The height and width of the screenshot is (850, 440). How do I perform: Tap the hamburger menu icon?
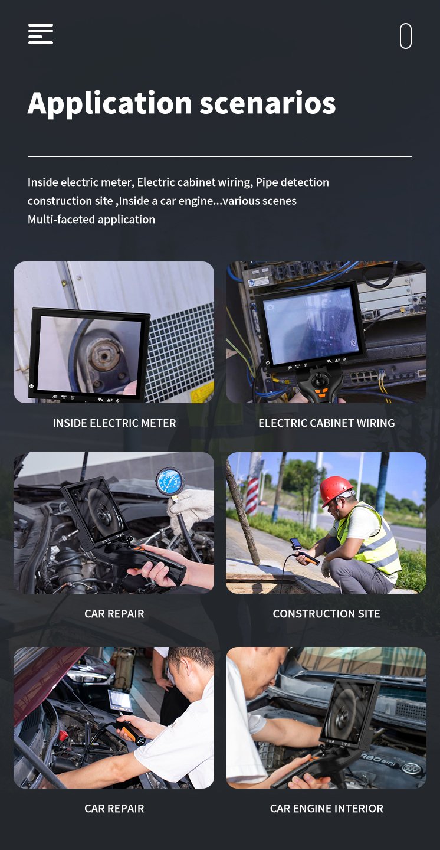41,34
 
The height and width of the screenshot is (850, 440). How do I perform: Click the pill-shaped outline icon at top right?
405,36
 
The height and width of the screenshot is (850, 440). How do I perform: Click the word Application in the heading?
110,104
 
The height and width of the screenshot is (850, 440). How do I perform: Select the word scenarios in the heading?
267,104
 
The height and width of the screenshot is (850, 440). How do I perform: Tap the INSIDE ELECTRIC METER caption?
114,423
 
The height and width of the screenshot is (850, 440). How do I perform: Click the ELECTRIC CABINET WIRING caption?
327,423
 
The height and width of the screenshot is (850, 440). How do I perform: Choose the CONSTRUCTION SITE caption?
326,614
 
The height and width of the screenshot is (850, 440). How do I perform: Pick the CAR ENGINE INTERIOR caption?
326,808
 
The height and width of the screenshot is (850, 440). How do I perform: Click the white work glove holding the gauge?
192,506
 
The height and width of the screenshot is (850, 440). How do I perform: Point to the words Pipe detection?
292,182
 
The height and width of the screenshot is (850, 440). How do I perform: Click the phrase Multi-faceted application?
91,220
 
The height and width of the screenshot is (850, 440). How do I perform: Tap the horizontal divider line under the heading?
219,156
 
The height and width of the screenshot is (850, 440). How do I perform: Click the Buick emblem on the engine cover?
412,768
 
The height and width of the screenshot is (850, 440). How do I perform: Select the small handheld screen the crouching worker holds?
296,544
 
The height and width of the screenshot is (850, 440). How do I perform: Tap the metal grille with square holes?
178,353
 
